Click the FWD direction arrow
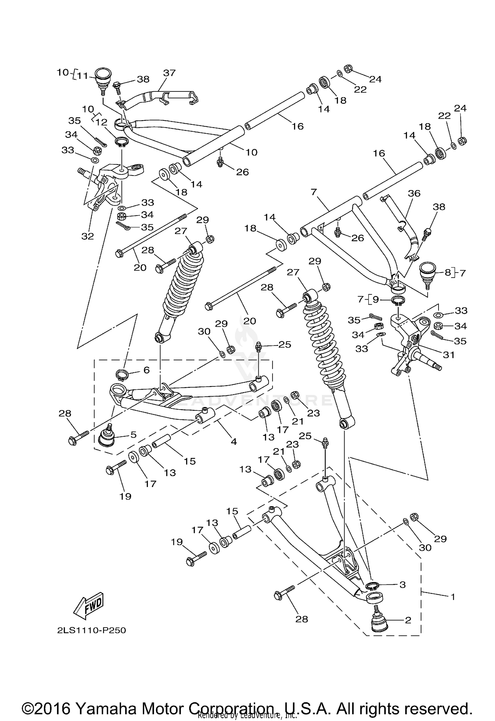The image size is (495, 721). [88, 606]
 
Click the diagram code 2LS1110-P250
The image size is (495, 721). [91, 631]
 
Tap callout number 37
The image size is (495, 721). [169, 73]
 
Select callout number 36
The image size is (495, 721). [414, 193]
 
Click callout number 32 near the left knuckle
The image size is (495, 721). [88, 236]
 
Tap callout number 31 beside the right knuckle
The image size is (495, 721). [449, 355]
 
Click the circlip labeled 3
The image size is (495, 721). [373, 585]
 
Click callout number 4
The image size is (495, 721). [234, 442]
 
